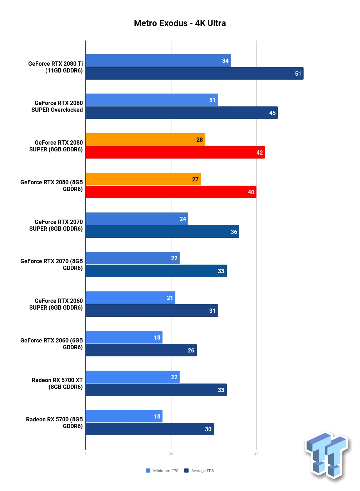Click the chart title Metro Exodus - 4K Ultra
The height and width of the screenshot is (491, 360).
180,23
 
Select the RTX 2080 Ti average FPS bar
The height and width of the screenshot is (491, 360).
195,74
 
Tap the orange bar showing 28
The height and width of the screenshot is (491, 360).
145,139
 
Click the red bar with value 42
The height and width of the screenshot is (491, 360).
175,152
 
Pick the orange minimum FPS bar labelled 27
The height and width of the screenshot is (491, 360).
143,179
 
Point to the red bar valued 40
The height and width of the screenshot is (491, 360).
171,192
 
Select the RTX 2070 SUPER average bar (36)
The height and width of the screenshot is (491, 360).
162,231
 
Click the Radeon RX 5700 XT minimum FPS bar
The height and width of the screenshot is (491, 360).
132,377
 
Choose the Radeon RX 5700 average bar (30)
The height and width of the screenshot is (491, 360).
150,429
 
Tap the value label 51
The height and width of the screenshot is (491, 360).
298,74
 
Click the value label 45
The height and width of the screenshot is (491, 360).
272,113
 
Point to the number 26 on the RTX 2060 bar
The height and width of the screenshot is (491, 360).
191,350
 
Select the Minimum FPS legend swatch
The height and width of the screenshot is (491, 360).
148,470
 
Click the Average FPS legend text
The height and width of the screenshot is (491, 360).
202,471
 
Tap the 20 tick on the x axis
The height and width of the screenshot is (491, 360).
171,454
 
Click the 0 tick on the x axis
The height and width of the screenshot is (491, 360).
85,454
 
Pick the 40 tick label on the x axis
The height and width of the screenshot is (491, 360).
256,454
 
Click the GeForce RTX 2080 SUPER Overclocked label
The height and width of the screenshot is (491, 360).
57,106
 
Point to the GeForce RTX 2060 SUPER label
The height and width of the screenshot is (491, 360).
56,304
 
